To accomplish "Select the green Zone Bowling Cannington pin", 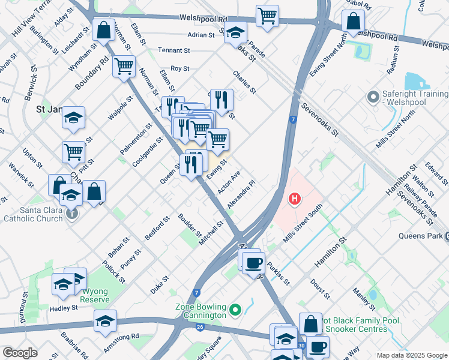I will point(235,310).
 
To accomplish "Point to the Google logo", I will point(20,352).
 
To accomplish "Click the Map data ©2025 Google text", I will point(411,355).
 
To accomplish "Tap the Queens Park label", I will point(420,236).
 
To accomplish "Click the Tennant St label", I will point(173,51).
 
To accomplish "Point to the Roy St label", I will point(180,69).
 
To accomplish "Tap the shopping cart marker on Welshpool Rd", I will point(267,16).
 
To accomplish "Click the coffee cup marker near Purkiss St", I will point(255,262).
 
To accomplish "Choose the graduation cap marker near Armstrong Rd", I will point(105,321).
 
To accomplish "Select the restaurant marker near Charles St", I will point(221,100).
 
